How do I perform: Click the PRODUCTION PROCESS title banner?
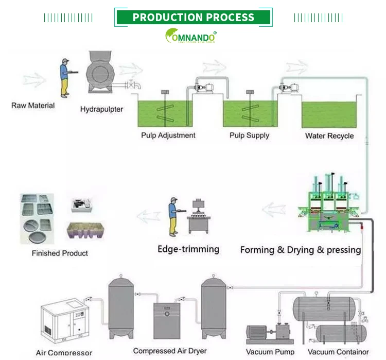[193, 17]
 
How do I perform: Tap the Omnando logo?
[190, 36]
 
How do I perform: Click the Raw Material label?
[33, 106]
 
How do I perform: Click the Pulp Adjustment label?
[168, 135]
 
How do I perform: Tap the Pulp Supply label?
[249, 135]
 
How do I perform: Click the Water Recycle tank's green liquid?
[329, 115]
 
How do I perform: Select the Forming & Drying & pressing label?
[301, 250]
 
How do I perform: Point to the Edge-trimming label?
[188, 249]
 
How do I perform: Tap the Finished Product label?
[60, 253]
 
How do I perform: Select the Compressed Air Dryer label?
[170, 351]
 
